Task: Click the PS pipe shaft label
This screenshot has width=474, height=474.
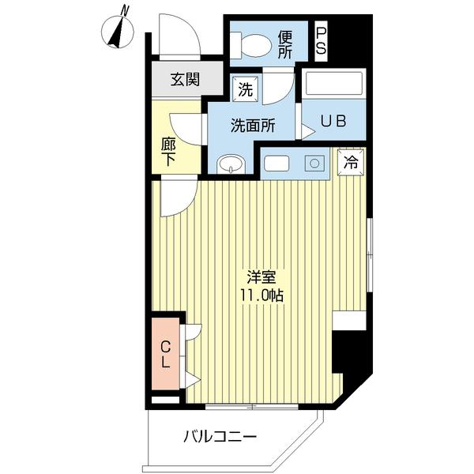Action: [x=322, y=41]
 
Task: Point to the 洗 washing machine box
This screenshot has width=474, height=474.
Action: [x=246, y=90]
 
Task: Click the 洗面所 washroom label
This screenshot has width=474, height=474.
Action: [x=252, y=126]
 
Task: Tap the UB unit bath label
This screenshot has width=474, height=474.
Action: [x=333, y=122]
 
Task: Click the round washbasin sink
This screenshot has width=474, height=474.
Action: [x=231, y=164]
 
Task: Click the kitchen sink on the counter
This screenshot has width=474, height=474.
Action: [x=277, y=164]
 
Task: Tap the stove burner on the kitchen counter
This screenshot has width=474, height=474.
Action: [x=314, y=163]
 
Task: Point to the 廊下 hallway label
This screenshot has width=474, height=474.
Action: [x=168, y=150]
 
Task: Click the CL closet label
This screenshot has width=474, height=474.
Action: [x=166, y=353]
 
